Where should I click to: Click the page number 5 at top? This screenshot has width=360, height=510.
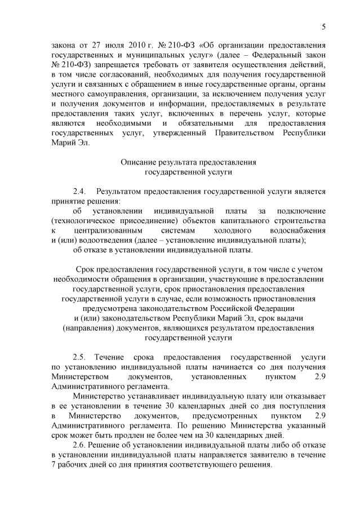(324, 26)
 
